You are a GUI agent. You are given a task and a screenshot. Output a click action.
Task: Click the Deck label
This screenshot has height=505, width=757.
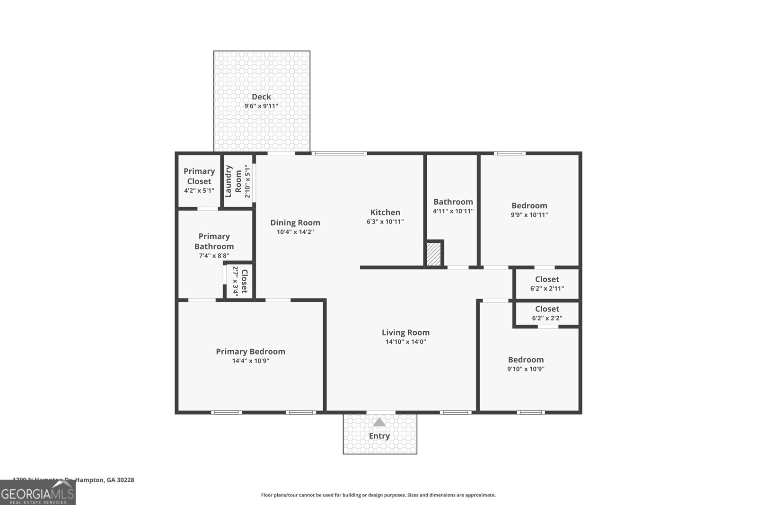click(x=261, y=97)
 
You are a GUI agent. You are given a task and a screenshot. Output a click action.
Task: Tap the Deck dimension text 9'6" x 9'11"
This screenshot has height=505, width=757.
click(x=261, y=106)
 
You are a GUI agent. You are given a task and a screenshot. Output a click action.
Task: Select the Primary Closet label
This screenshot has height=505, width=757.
click(x=199, y=176)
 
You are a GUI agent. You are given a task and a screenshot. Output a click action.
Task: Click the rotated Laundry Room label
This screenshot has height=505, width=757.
click(x=233, y=181)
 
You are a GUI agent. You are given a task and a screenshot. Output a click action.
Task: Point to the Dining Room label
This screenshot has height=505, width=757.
click(x=295, y=222)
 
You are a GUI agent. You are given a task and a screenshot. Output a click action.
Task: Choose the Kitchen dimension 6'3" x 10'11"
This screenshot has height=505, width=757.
click(x=385, y=221)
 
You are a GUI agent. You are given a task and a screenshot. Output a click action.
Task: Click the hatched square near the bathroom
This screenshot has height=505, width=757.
click(x=434, y=254)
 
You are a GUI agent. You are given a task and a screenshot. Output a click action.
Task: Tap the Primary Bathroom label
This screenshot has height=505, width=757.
click(x=214, y=241)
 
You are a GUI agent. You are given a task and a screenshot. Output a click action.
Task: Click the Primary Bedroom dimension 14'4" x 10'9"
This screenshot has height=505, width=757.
click(x=251, y=361)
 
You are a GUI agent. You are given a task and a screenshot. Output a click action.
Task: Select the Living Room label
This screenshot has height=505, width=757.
click(x=405, y=332)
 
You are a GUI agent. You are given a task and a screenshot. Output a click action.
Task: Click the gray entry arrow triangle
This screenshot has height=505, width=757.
click(x=379, y=422)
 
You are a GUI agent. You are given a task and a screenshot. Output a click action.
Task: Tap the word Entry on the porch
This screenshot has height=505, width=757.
click(x=379, y=436)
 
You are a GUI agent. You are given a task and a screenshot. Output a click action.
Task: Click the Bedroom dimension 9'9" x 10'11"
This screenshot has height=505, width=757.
click(x=529, y=214)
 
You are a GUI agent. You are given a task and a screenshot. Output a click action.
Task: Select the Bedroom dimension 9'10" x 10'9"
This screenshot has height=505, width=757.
click(x=526, y=369)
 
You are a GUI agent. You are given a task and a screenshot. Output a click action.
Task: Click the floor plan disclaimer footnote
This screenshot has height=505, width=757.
click(x=378, y=495)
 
